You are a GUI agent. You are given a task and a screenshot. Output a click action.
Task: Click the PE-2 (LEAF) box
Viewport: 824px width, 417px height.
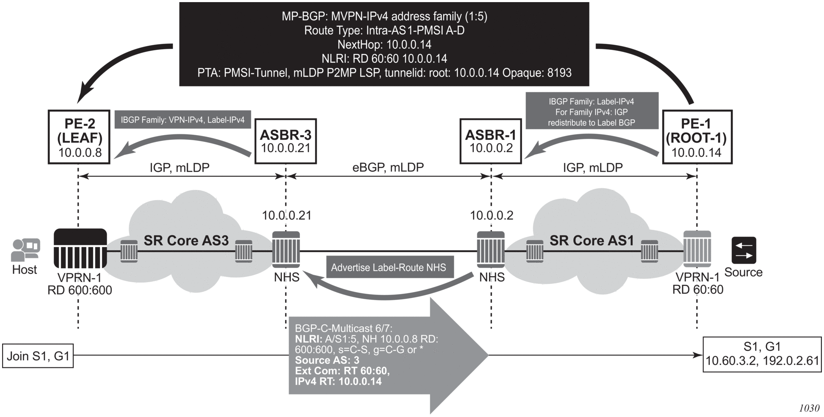[79, 137]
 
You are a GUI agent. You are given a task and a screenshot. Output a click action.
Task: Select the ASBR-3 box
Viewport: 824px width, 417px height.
[285, 141]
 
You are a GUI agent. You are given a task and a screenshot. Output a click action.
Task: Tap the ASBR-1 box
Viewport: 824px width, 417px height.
[490, 141]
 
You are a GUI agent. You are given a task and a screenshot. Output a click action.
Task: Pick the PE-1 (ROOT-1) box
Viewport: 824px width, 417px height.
[697, 137]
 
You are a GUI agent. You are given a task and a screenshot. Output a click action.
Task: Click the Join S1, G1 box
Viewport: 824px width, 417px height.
[38, 356]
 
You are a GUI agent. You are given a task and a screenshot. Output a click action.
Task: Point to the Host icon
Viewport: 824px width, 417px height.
[25, 250]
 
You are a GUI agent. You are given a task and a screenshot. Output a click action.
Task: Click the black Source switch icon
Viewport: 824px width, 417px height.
[744, 250]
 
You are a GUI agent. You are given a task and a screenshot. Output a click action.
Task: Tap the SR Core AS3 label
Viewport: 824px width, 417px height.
[186, 241]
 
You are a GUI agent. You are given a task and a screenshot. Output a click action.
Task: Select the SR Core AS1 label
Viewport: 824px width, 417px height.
[592, 241]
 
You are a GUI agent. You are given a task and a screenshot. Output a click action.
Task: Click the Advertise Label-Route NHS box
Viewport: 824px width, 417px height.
[388, 267]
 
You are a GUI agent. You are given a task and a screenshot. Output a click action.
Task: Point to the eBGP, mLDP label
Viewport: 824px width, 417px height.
[388, 167]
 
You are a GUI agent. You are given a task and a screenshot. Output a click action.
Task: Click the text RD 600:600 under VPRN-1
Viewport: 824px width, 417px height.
[80, 290]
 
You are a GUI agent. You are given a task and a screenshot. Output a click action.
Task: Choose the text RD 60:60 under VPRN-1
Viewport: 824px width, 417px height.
[697, 289]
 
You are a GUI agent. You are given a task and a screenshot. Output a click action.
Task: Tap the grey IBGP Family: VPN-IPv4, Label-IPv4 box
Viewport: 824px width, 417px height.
[182, 120]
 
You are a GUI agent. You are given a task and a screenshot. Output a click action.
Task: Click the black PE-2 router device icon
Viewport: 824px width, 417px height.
[80, 249]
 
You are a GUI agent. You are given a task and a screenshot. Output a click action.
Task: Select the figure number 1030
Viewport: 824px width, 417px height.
[809, 408]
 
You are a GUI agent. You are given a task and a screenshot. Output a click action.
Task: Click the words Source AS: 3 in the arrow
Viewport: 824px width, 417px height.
[327, 360]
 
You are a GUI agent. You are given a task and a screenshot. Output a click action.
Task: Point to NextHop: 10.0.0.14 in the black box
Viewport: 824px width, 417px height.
[384, 44]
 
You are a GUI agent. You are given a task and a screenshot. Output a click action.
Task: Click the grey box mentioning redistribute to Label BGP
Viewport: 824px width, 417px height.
[592, 112]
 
